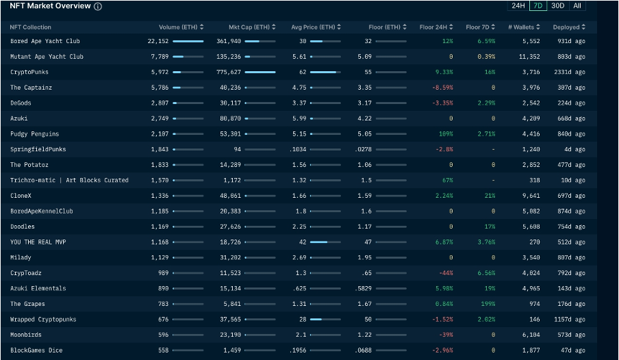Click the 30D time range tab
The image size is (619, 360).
pos(557,6)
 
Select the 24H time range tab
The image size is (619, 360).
pos(518,6)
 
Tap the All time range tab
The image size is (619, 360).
pos(577,6)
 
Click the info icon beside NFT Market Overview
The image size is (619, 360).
pos(98,7)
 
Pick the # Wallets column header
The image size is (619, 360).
pos(525,27)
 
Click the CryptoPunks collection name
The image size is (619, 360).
pos(29,72)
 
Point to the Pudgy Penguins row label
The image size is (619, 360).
pos(34,134)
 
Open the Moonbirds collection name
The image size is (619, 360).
pos(25,335)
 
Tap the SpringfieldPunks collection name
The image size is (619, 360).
pos(38,149)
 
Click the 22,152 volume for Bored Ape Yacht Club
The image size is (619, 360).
pos(158,41)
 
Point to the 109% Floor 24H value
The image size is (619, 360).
pos(446,134)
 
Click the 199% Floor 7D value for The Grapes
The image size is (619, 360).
pos(488,304)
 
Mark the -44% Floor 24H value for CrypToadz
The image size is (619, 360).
pos(446,273)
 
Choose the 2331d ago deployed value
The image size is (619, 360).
pos(570,72)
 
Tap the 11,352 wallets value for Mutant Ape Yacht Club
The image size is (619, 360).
pos(531,57)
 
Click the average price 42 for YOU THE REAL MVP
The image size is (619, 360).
pos(303,242)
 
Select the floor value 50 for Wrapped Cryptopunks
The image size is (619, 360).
pos(368,320)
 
